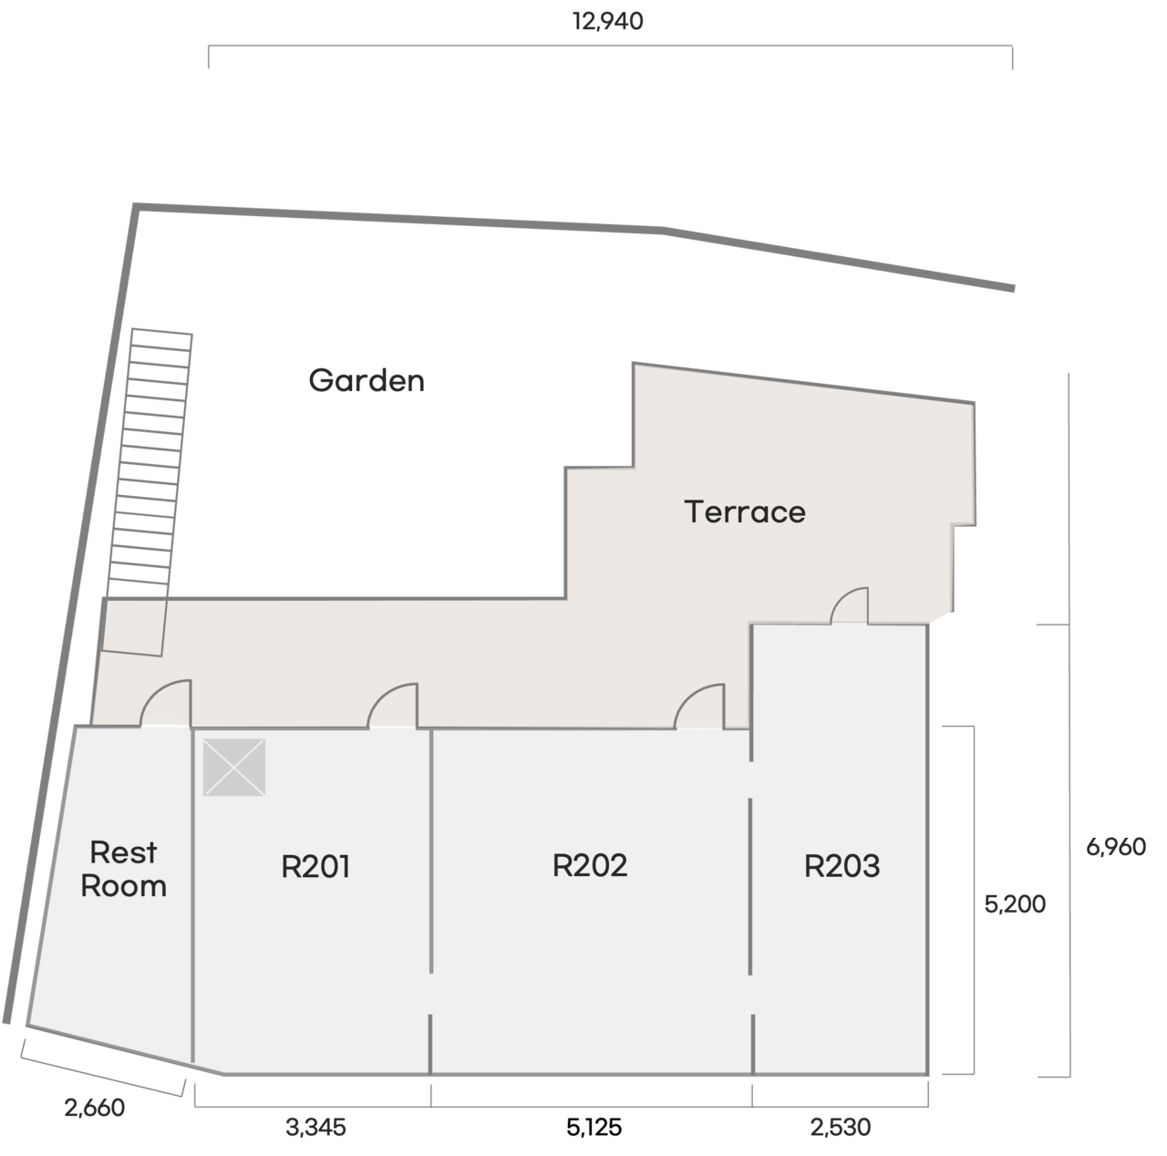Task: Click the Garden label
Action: tap(367, 380)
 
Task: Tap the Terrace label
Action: tap(745, 512)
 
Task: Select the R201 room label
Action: tap(315, 866)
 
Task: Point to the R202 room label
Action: tap(589, 865)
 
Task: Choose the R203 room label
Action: tap(842, 866)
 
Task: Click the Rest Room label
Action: tap(124, 870)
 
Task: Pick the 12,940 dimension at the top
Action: tap(608, 21)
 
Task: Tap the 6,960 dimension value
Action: tap(1116, 847)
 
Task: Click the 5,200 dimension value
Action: tap(1015, 904)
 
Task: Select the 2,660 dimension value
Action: tap(95, 1108)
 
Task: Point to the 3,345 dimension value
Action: tap(315, 1128)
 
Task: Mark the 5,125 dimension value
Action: tap(594, 1128)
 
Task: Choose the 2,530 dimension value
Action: tap(841, 1128)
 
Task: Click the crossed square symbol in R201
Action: tap(234, 767)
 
